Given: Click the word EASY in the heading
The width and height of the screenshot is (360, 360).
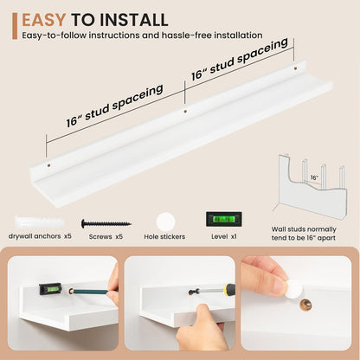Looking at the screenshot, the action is (44, 20).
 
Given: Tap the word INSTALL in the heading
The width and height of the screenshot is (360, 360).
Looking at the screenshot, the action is (134, 20).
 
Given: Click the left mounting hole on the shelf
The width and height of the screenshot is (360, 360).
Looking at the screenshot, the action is (49, 165).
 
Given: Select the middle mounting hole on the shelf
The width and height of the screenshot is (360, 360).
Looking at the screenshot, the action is (185, 112).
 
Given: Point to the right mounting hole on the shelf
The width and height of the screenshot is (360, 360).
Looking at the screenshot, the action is (295, 68).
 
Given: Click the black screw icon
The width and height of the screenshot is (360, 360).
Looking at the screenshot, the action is (106, 223).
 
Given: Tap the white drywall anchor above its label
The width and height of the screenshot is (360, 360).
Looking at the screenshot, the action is (39, 222).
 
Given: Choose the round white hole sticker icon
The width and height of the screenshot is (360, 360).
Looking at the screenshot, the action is (166, 222).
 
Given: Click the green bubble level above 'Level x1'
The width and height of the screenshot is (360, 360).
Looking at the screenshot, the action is (224, 219).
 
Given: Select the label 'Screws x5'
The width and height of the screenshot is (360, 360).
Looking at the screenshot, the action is (106, 236).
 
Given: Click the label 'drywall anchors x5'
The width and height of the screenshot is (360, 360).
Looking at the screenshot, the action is (40, 236).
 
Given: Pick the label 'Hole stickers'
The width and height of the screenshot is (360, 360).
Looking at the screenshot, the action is (164, 236).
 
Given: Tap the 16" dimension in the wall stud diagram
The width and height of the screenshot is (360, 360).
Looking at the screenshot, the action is (314, 177).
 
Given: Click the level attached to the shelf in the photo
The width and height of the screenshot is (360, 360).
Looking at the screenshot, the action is (50, 288).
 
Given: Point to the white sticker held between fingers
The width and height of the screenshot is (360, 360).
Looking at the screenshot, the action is (294, 289).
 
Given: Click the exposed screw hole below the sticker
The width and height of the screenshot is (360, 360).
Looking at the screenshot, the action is (305, 305).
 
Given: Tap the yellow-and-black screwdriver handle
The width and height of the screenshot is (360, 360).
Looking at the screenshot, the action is (229, 290).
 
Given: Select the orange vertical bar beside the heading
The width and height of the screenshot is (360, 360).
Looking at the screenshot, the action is (15, 26).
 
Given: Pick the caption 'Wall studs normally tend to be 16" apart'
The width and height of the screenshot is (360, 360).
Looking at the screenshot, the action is (304, 234).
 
